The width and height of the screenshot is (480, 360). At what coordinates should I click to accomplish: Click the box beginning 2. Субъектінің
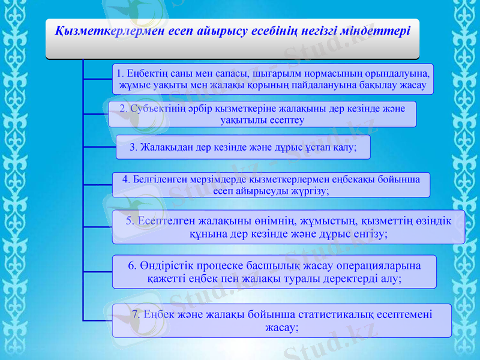[x=262, y=114]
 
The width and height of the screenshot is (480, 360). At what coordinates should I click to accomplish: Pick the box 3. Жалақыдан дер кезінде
[x=243, y=147]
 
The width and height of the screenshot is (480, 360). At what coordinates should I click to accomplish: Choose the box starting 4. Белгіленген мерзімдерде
[x=271, y=185]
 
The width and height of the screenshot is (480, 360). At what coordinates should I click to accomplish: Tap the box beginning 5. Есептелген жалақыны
[x=288, y=227]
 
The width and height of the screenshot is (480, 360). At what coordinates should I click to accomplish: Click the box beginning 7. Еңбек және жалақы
[x=281, y=320]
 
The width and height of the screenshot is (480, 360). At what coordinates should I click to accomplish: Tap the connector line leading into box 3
[x=100, y=145]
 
